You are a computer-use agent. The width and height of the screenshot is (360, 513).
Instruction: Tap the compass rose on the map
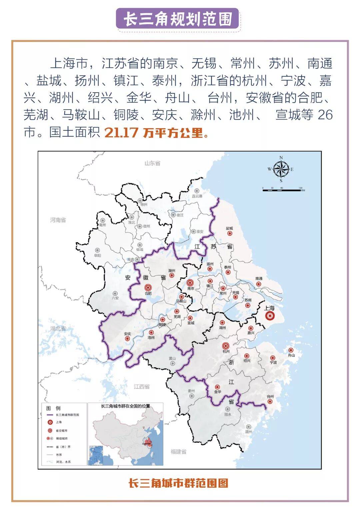[x=281, y=169]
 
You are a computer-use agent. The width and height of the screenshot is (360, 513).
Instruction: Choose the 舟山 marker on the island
[x=291, y=350]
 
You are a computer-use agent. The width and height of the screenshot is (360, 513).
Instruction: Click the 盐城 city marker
[x=229, y=234]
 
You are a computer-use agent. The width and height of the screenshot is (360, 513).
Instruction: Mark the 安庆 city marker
[x=127, y=338]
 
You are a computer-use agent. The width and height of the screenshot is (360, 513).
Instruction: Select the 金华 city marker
[x=217, y=387]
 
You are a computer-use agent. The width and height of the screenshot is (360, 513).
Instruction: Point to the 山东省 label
[x=152, y=163]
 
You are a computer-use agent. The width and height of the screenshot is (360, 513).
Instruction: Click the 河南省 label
[x=58, y=220]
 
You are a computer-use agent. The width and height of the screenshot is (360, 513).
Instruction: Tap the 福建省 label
[x=178, y=452]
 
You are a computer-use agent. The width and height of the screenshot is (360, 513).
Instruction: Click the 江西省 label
[x=142, y=387]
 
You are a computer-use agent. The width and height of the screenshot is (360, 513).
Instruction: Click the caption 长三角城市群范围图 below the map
[x=178, y=483]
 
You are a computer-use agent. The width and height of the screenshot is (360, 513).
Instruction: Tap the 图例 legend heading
[x=53, y=408]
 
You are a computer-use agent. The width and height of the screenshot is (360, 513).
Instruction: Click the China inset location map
[x=126, y=436]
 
